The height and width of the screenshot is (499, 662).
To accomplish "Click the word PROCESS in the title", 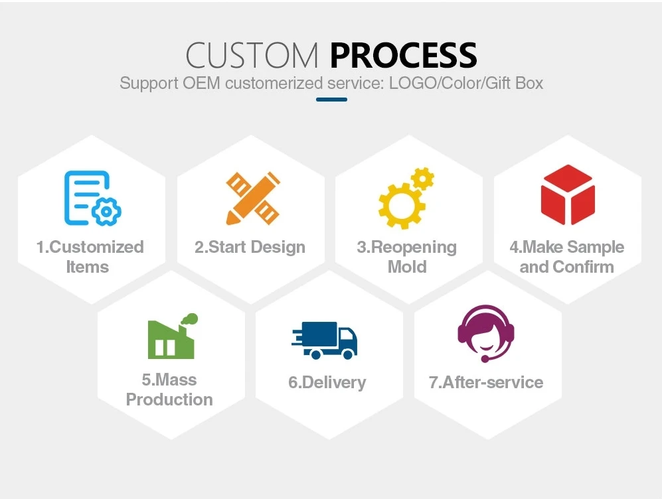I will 403,55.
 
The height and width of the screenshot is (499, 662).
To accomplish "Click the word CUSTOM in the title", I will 252,55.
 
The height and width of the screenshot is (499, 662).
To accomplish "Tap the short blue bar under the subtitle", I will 331,100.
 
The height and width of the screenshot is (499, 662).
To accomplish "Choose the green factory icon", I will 171,336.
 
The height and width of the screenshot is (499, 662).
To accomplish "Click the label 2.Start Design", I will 250,248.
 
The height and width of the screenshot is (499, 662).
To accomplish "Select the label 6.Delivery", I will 327,383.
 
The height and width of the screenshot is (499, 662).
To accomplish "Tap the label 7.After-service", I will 486,383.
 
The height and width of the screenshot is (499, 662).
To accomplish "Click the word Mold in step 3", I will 407,267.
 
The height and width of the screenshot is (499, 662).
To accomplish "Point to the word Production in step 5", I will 169,400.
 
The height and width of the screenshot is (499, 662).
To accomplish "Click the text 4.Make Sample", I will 566,248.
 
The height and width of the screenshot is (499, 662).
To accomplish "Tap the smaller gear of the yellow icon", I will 422,178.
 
